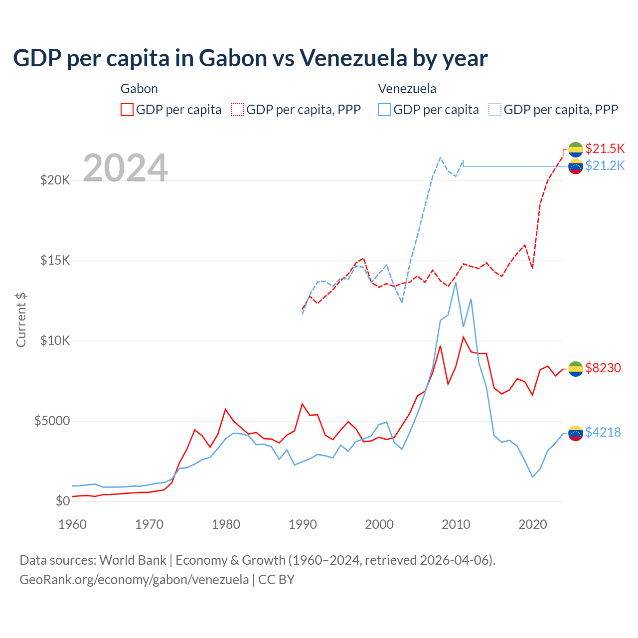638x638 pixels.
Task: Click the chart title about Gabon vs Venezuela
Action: (250, 58)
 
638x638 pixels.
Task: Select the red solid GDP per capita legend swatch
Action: (127, 110)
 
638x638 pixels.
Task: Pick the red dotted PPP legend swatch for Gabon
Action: (237, 110)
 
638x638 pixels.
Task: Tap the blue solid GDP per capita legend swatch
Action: (384, 110)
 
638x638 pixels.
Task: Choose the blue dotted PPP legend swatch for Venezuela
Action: (495, 110)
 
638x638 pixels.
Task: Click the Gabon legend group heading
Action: (139, 89)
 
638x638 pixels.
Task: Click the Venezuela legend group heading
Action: (407, 89)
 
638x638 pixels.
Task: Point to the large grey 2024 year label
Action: (125, 168)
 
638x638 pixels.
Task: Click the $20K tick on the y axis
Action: (55, 180)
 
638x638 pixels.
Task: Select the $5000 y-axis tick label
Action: (52, 421)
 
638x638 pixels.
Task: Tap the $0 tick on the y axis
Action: (62, 501)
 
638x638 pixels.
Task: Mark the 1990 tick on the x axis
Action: (303, 524)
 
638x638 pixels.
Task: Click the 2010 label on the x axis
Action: (456, 524)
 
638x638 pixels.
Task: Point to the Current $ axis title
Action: (21, 319)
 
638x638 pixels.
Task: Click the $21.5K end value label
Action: (605, 149)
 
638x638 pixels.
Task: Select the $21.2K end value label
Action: (605, 165)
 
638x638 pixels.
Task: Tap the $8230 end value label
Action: (603, 368)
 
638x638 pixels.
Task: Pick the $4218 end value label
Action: (603, 432)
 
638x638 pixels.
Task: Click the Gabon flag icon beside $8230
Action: (576, 369)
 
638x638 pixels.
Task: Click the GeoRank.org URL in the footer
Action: (134, 580)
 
